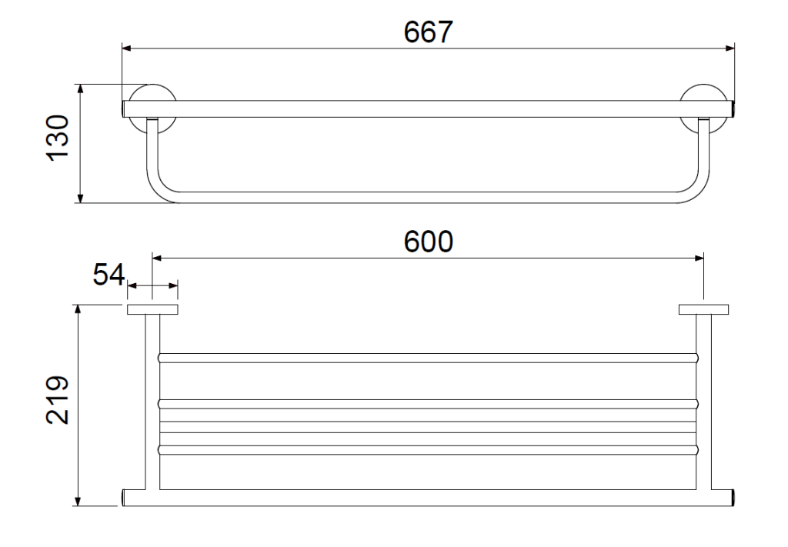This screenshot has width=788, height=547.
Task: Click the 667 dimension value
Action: (x=428, y=32)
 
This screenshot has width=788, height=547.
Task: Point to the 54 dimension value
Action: (x=109, y=274)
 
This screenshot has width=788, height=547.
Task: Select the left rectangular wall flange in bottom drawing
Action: (x=152, y=309)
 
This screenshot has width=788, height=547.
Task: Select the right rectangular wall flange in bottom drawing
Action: (x=703, y=309)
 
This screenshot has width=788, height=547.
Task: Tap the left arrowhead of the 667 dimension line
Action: (x=127, y=48)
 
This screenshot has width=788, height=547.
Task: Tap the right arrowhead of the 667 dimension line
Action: (x=730, y=48)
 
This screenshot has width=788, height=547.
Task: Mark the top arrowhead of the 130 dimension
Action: (x=80, y=89)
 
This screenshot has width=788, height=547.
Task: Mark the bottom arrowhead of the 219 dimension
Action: (x=78, y=501)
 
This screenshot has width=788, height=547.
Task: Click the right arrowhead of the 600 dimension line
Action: (x=699, y=258)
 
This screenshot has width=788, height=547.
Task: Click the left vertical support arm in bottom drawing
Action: (x=152, y=402)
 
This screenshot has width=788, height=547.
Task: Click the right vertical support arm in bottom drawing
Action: (x=703, y=402)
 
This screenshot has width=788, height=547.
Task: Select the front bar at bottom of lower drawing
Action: (x=428, y=498)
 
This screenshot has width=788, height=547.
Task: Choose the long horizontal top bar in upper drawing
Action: (x=428, y=109)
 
